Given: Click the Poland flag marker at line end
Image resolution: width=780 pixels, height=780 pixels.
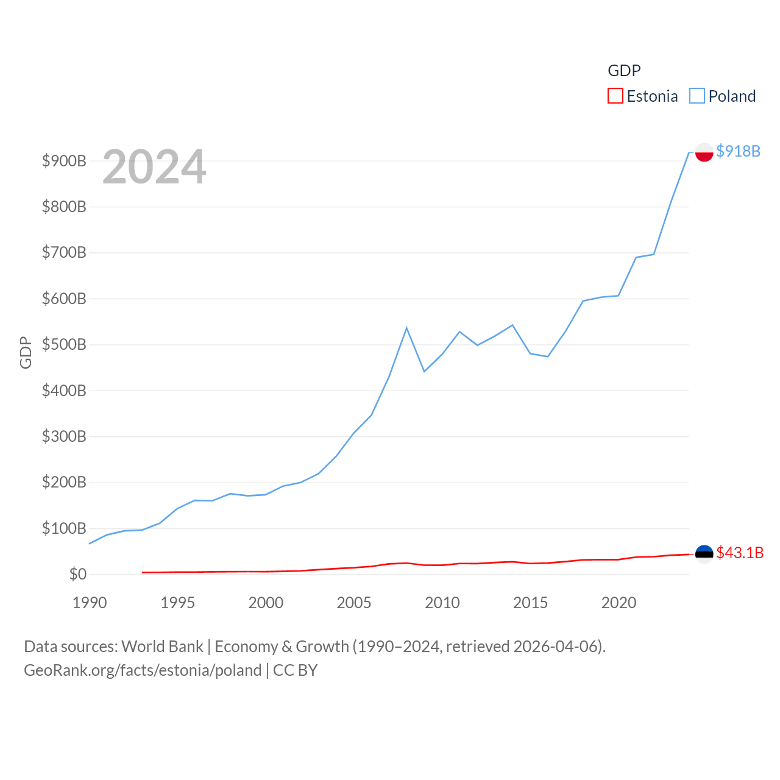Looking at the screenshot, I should point(704,152).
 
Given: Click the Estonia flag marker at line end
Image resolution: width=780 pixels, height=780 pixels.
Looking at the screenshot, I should point(704,553).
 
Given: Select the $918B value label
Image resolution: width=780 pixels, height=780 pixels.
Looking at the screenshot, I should point(738,151).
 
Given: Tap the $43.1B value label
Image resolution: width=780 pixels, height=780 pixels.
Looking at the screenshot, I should point(739,553).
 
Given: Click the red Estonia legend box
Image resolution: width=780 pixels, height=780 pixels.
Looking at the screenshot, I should point(615,96).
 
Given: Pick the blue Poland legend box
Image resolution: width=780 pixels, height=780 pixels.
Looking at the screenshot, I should point(697,96).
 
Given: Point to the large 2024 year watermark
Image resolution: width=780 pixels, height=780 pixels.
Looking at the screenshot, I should point(154,167).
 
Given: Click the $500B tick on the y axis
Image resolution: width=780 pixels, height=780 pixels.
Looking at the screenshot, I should point(64,345).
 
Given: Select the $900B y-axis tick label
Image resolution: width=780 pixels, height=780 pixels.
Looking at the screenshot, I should point(64,161).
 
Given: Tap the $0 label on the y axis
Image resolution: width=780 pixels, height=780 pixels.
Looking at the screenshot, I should point(78,574).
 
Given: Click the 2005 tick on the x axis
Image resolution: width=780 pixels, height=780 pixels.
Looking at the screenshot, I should point(354,603).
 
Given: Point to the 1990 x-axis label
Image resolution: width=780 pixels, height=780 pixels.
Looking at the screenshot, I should point(90,603).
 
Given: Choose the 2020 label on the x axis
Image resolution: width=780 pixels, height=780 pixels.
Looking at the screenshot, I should point(619,603).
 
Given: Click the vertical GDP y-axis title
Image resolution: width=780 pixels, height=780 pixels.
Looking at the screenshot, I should point(26,352).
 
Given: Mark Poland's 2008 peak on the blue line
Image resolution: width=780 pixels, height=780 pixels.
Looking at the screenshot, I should point(406,328).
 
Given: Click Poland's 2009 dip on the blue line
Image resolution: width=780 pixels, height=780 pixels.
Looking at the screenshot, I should point(424,371).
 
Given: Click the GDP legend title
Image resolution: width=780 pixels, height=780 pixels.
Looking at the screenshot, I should point(624,71).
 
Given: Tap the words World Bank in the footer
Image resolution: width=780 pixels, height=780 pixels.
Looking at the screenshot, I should point(162,646).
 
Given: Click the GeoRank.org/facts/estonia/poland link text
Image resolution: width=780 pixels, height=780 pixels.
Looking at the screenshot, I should point(143,670).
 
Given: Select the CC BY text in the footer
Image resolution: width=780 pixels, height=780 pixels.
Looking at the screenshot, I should point(296,670).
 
